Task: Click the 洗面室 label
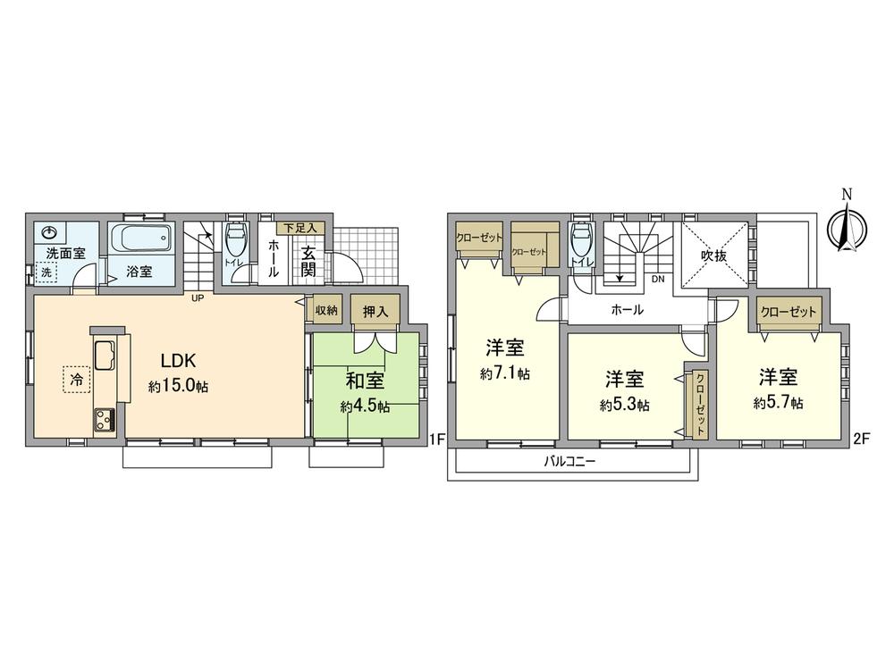pos(66,253)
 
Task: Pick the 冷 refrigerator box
pos(76,381)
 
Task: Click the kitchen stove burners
pos(103,418)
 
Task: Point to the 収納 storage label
pos(326,310)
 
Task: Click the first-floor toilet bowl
pos(236,240)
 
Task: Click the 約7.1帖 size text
pos(504,374)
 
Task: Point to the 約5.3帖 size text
pos(624,404)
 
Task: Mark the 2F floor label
pos(862,438)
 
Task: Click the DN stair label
pos(658,279)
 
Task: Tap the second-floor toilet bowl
pos(581,240)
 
